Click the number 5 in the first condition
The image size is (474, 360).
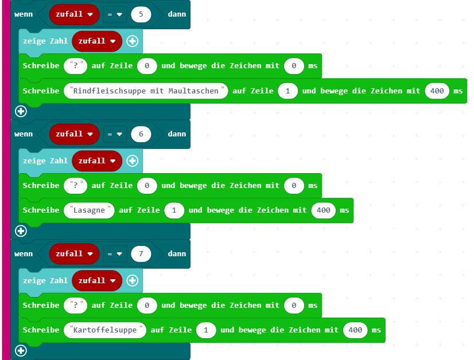(141, 14)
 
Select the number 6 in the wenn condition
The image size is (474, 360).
(141, 134)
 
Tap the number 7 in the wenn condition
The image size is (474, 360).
(141, 254)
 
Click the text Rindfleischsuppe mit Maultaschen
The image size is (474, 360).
(146, 91)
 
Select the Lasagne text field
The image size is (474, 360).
(89, 210)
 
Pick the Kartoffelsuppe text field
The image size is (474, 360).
(105, 330)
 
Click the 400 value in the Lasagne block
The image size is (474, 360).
(324, 210)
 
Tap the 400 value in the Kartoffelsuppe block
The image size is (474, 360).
(355, 330)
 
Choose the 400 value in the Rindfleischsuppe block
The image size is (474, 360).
(437, 91)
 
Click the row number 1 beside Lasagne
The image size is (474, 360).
(174, 210)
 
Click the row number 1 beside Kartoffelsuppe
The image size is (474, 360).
(206, 330)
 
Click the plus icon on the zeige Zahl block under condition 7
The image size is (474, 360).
(133, 280)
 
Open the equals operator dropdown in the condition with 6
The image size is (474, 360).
(115, 134)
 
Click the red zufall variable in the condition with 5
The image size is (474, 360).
(75, 14)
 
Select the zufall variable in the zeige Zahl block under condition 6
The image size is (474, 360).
(97, 161)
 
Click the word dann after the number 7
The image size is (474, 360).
(177, 254)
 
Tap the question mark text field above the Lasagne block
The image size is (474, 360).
(76, 185)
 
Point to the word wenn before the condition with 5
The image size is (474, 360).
(24, 14)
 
